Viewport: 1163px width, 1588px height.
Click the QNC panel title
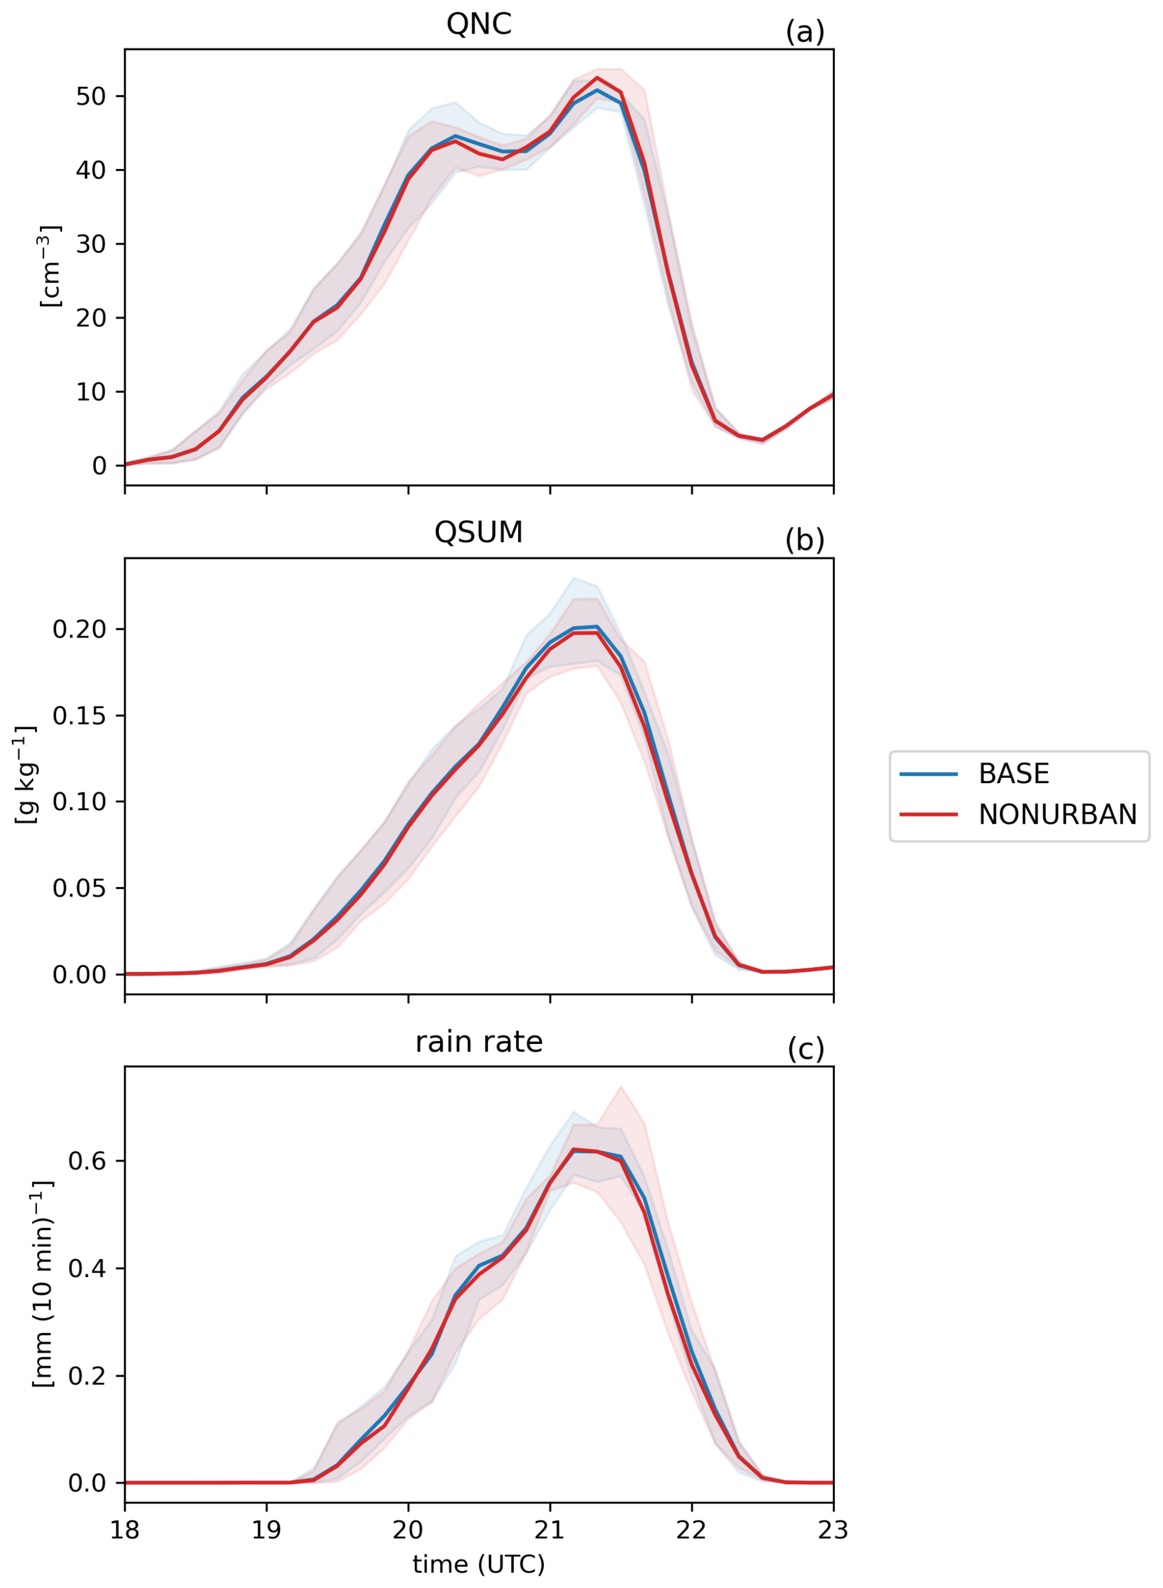(479, 25)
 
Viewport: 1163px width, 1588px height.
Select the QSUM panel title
(479, 533)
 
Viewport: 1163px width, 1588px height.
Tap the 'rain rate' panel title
(479, 1043)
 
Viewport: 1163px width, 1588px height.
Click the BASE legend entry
(1014, 774)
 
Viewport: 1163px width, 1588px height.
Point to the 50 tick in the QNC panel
(92, 97)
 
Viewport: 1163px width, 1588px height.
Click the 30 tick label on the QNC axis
(92, 244)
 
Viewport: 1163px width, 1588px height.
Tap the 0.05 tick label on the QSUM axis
(79, 888)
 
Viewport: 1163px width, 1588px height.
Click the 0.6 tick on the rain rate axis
(87, 1161)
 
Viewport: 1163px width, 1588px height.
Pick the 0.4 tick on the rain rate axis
(87, 1268)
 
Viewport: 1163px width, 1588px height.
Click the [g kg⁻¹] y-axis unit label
(25, 776)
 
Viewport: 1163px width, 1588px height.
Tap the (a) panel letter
(805, 33)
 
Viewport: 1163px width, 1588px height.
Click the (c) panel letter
(805, 1049)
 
